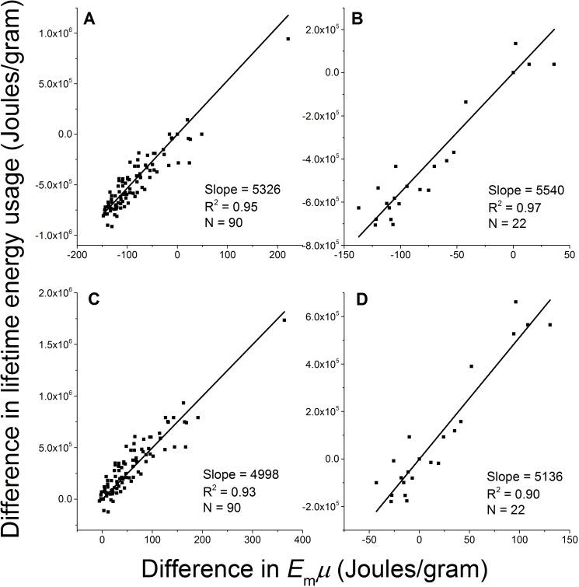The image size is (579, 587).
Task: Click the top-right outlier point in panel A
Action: tap(288, 39)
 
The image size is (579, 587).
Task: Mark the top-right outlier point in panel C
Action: tap(284, 320)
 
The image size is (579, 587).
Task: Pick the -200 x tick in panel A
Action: tap(78, 253)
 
